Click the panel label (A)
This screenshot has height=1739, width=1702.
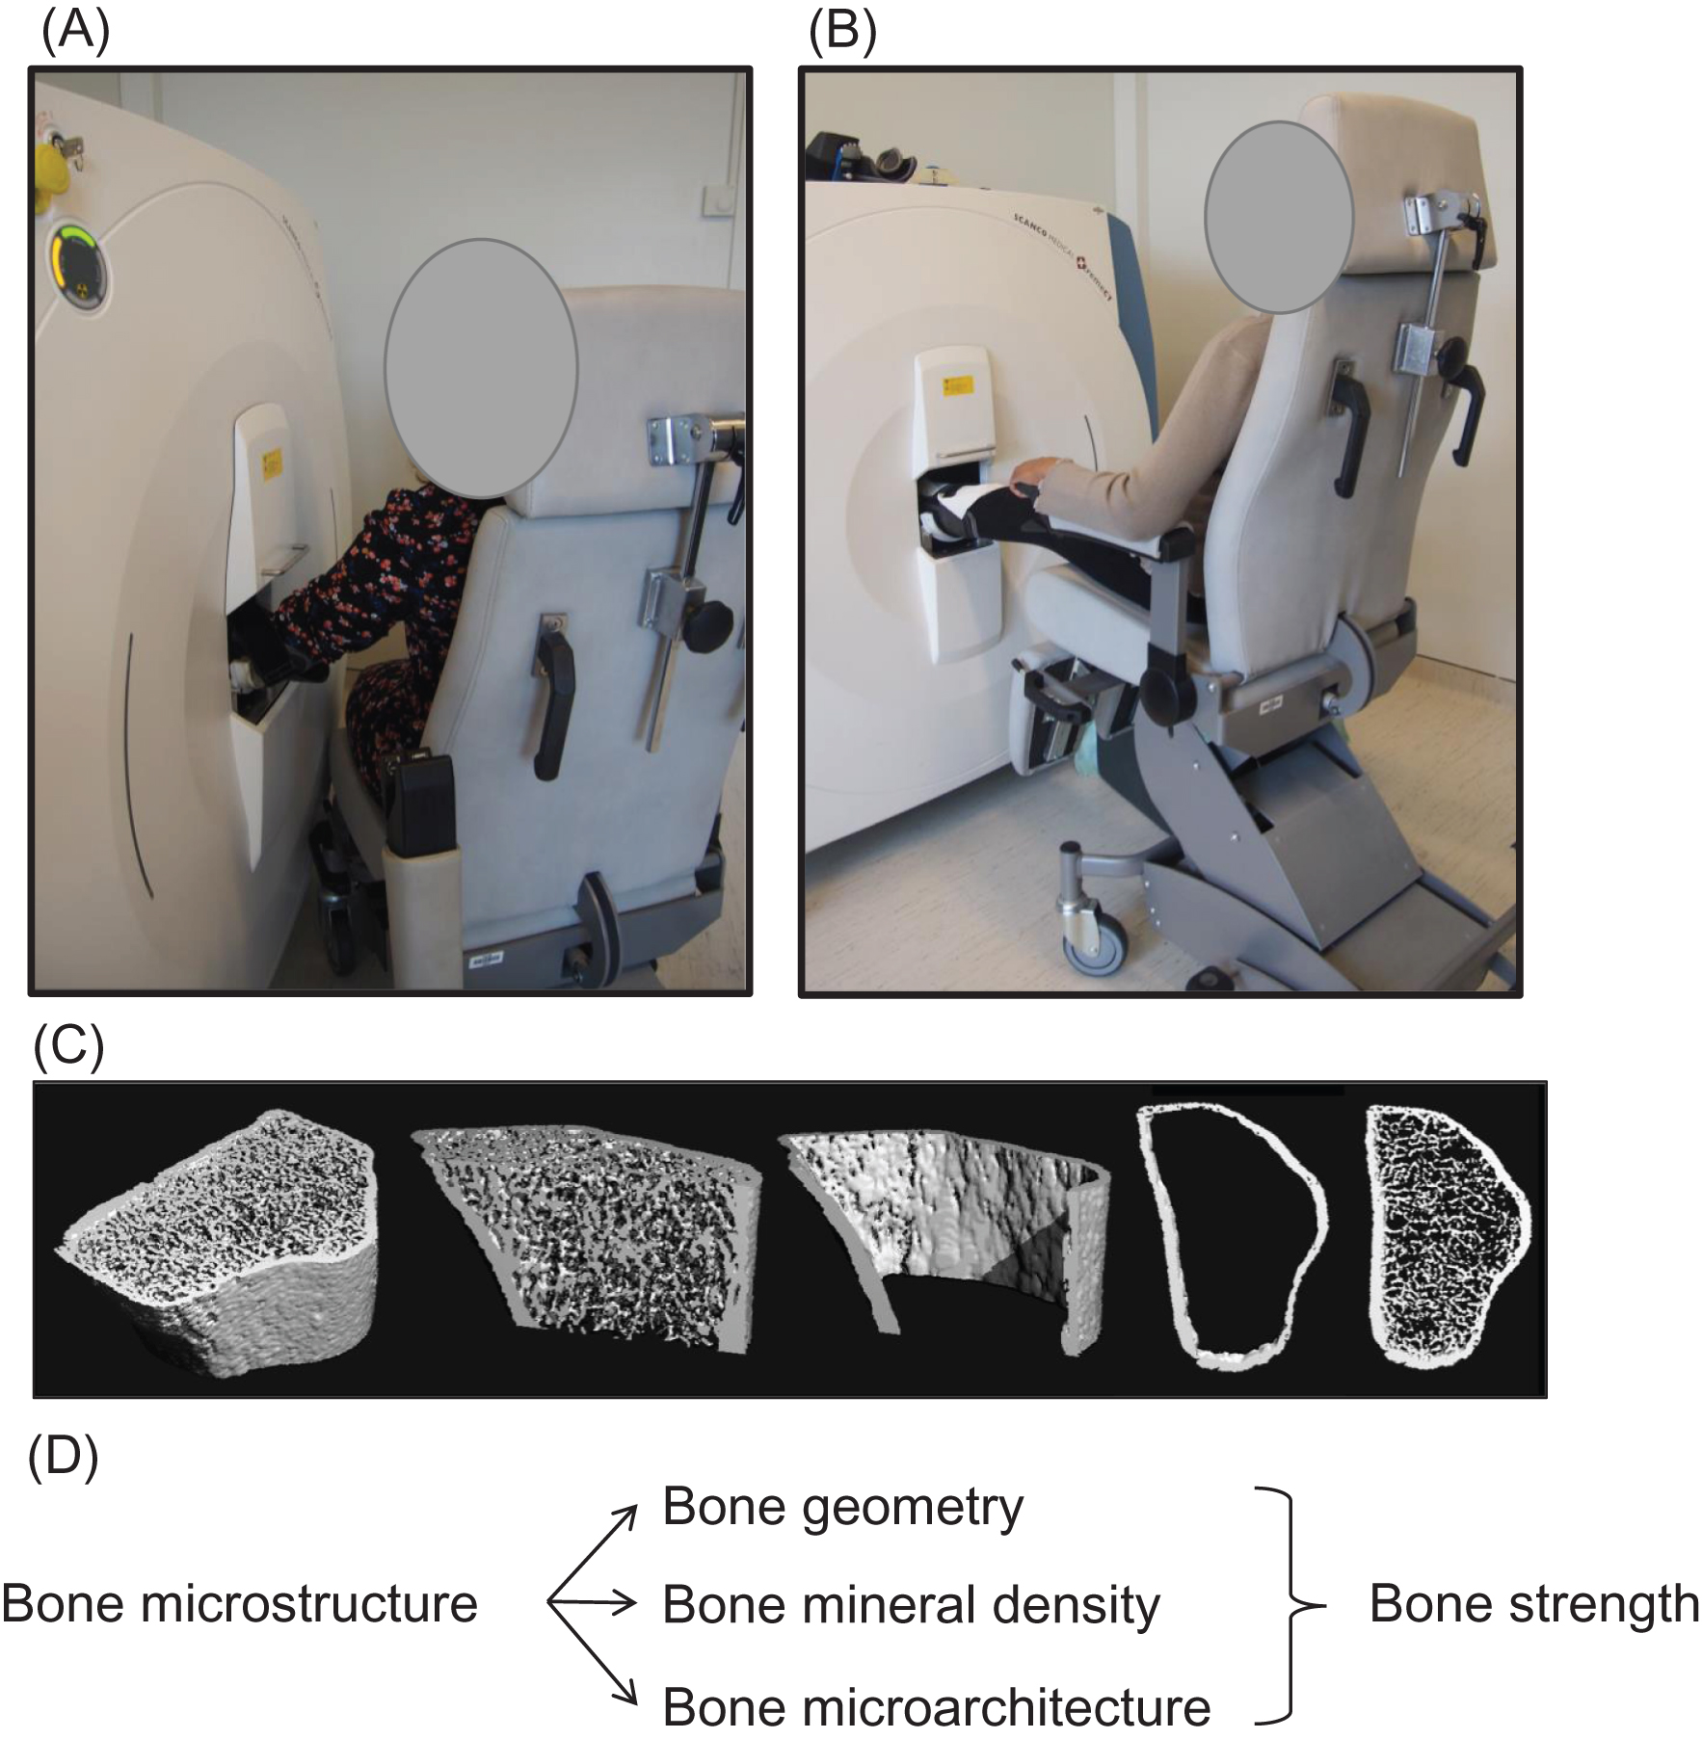76,32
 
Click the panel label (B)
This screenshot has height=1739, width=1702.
842,32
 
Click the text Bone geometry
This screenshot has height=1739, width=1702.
842,1509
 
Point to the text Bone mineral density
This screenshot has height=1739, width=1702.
911,1606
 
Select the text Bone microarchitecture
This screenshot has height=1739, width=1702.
936,1707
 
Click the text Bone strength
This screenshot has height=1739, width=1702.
1534,1605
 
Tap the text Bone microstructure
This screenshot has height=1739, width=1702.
240,1605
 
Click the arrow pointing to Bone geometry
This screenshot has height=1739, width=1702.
592,1553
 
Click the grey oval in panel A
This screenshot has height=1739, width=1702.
481,368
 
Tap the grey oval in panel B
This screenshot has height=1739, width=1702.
1279,218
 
